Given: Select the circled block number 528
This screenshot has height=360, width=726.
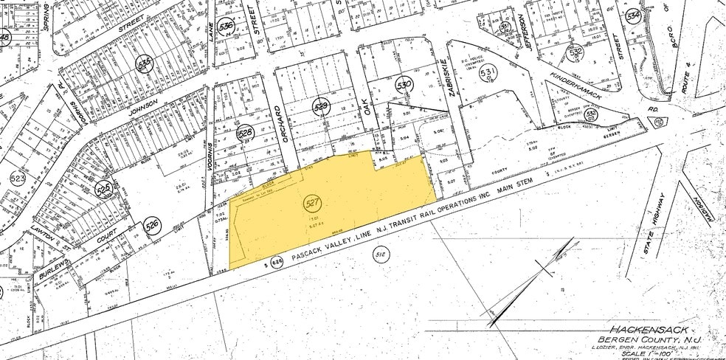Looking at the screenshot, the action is pos(245,134).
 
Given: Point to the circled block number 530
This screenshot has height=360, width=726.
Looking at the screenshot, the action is pos(403,85).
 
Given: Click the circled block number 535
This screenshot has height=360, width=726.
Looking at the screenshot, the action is pos(145,64).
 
